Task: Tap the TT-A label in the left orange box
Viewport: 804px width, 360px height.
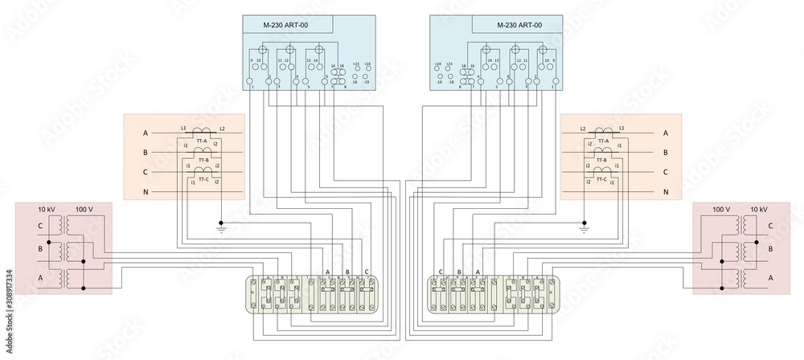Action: tap(202, 141)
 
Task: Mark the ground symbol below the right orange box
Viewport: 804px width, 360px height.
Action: tap(585, 230)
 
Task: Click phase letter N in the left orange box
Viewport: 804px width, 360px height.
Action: tap(146, 193)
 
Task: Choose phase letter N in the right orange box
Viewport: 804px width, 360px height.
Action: tap(665, 193)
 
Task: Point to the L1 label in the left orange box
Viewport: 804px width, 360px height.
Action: tap(183, 129)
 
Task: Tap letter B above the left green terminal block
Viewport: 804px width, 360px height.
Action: tap(347, 272)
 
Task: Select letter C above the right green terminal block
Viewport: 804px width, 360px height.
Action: tap(441, 272)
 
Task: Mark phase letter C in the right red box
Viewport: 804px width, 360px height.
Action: tap(770, 226)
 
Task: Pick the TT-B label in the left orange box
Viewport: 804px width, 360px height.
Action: tap(202, 160)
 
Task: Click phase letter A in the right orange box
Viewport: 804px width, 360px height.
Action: tap(665, 133)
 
